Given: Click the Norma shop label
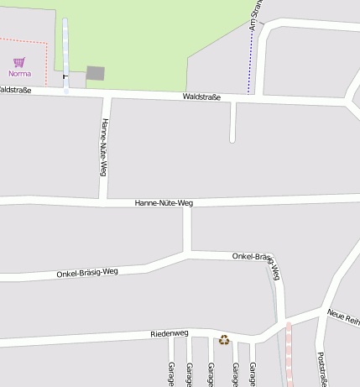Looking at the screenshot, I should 19,73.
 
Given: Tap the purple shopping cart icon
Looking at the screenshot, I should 19,62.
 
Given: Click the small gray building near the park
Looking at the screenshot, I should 96,73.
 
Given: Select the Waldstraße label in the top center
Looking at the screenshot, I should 201,97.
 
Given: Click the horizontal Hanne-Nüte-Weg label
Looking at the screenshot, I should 164,203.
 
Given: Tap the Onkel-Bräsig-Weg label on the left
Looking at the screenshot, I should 87,272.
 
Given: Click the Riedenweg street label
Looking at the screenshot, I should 169,334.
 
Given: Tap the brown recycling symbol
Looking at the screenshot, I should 224,339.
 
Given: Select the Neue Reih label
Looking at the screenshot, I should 344,316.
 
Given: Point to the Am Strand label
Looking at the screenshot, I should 257,15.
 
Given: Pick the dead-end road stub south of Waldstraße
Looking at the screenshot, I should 232,126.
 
